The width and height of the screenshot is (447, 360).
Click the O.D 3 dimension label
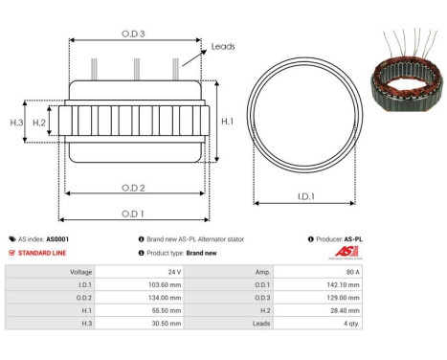coord(133,34)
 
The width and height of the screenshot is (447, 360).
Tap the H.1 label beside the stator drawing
coord(227,122)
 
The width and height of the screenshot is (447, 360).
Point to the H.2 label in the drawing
coord(39,123)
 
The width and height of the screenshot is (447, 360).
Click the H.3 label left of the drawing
coord(16,123)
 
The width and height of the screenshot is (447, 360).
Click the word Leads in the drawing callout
coord(223,46)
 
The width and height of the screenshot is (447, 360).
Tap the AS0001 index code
coord(56,239)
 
